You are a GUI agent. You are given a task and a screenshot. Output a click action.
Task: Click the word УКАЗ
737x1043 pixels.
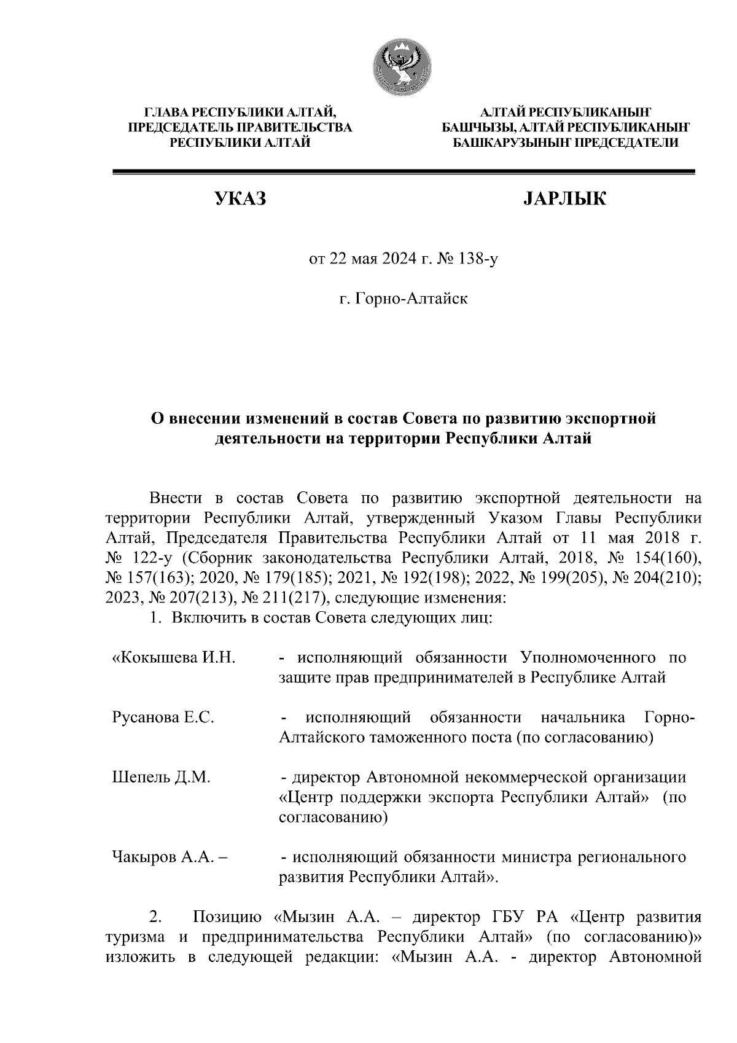pos(240,198)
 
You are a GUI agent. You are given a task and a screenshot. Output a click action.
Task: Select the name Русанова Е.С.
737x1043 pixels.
pos(163,717)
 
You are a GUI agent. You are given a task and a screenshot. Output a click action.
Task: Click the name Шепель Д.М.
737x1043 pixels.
pos(162,777)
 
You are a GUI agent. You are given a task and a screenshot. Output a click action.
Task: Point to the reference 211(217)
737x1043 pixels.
pos(289,596)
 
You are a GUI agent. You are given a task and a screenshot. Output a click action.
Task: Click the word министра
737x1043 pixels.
pos(540,857)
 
